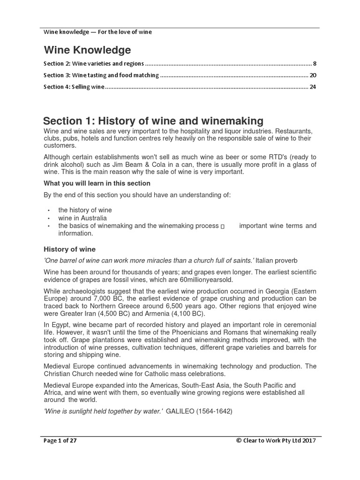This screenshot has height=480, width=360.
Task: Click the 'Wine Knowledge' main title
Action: tap(87, 50)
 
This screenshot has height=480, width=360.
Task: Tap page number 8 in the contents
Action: tap(315, 63)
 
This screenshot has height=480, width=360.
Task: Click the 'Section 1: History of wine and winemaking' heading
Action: tap(153, 121)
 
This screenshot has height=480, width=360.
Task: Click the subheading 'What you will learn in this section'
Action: tap(97, 183)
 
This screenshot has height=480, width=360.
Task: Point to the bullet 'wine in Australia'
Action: tap(82, 218)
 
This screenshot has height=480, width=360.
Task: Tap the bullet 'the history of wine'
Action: tap(85, 210)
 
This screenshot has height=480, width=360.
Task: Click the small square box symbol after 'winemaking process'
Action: tap(223, 226)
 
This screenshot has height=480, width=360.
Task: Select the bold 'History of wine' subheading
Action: tap(69, 249)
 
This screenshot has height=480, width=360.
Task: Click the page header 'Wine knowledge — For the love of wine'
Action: tap(97, 32)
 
